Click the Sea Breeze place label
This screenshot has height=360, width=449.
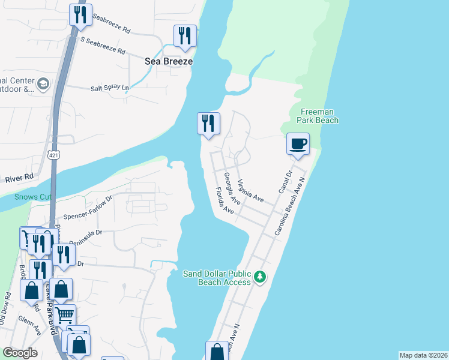pyautogui.click(x=169, y=61)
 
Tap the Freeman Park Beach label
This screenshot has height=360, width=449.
pyautogui.click(x=318, y=116)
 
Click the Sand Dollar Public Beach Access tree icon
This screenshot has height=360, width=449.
pyautogui.click(x=260, y=277)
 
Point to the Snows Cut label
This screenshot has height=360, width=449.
pyautogui.click(x=33, y=197)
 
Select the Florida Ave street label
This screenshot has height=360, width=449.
pyautogui.click(x=224, y=201)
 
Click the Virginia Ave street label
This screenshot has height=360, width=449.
pyautogui.click(x=250, y=191)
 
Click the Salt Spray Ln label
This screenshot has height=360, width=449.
pyautogui.click(x=110, y=88)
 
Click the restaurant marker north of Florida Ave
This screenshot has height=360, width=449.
pyautogui.click(x=208, y=124)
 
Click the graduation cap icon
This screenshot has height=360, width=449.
pyautogui.click(x=43, y=85)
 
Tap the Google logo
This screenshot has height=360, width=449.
pyautogui.click(x=20, y=353)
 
